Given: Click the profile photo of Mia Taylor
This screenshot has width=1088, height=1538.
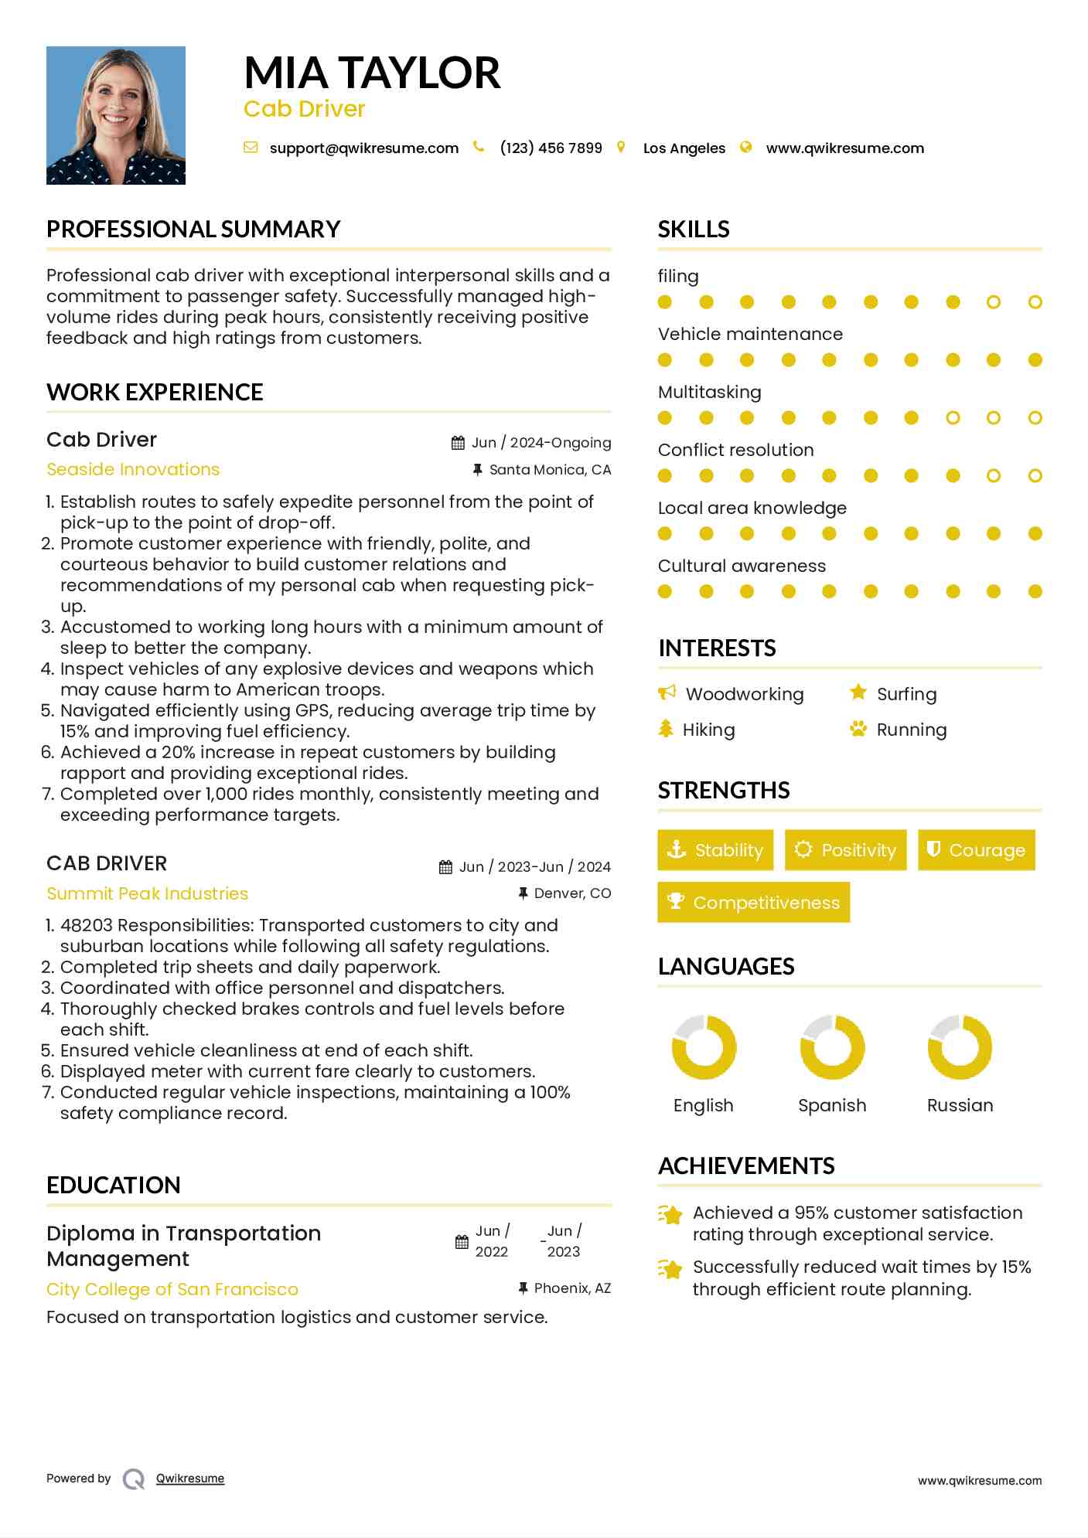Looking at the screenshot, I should click(x=116, y=115).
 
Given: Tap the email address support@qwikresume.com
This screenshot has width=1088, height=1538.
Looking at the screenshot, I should click(x=363, y=148).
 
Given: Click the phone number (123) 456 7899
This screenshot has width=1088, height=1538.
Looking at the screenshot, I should click(x=551, y=148).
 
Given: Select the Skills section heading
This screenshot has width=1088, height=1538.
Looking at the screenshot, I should click(x=694, y=230).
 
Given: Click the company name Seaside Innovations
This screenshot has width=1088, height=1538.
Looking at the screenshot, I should click(x=133, y=469).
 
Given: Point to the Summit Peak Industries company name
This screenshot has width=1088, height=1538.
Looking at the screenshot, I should click(x=147, y=893).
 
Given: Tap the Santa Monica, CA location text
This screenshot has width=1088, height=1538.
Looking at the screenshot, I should click(x=550, y=470).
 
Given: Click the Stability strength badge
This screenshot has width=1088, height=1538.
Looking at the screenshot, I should click(x=715, y=850).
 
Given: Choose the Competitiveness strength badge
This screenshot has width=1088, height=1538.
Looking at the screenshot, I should click(x=753, y=902).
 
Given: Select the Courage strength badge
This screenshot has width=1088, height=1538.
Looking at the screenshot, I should click(x=976, y=850).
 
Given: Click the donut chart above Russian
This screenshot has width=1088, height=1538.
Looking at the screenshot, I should click(x=960, y=1047).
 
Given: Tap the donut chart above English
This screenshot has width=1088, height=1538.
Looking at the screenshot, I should click(x=704, y=1047).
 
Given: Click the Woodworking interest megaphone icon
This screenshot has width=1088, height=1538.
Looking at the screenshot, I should click(x=667, y=692).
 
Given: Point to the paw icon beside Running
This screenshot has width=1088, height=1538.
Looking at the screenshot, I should click(x=858, y=729).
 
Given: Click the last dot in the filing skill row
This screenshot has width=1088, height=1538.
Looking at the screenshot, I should click(x=1035, y=302).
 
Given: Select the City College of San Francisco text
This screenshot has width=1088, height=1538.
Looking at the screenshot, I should click(x=172, y=1289).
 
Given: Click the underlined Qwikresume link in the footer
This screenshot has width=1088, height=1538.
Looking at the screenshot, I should click(x=190, y=1478).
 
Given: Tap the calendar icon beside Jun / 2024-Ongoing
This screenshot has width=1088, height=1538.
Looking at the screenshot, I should click(x=458, y=443).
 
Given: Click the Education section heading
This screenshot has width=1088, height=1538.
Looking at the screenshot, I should click(x=114, y=1186).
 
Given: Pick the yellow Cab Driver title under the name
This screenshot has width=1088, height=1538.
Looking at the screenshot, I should click(x=304, y=109).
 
